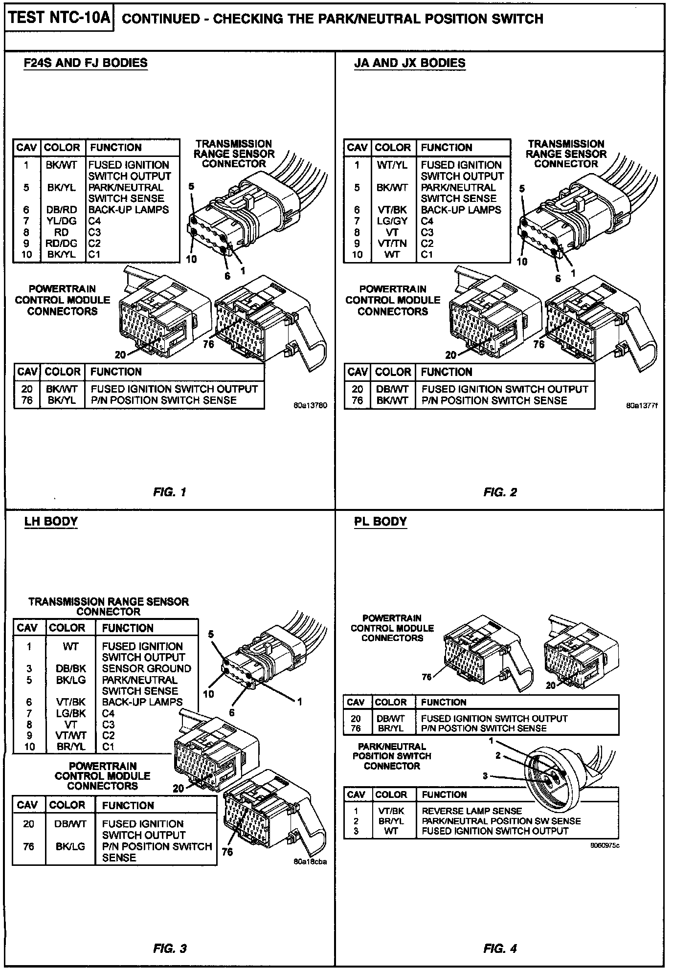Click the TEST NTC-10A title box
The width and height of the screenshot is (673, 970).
point(59,19)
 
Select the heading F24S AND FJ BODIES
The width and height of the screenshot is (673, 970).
point(86,63)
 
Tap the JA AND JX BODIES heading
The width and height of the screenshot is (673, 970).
point(409,63)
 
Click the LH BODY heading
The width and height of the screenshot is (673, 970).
point(51,521)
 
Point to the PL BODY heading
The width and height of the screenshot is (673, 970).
point(381,521)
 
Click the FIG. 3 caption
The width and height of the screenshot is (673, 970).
point(170,949)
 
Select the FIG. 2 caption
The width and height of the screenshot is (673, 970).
point(500,492)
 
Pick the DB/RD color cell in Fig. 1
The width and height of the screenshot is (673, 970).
point(62,210)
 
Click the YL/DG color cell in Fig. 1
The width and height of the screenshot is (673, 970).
point(62,221)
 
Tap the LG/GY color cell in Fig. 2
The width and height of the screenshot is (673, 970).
point(392,221)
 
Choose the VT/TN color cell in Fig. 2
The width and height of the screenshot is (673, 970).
point(392,243)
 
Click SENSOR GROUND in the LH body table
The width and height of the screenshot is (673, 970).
point(146,669)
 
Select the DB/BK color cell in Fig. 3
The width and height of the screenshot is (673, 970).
point(71,669)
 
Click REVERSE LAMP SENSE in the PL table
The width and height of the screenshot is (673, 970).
point(471,811)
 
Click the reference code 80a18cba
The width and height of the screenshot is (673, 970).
point(310,861)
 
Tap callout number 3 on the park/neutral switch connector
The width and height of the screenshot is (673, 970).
point(485,776)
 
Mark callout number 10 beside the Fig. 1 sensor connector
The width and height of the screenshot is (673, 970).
point(191,259)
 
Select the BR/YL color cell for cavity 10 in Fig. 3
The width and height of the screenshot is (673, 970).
point(71,747)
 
